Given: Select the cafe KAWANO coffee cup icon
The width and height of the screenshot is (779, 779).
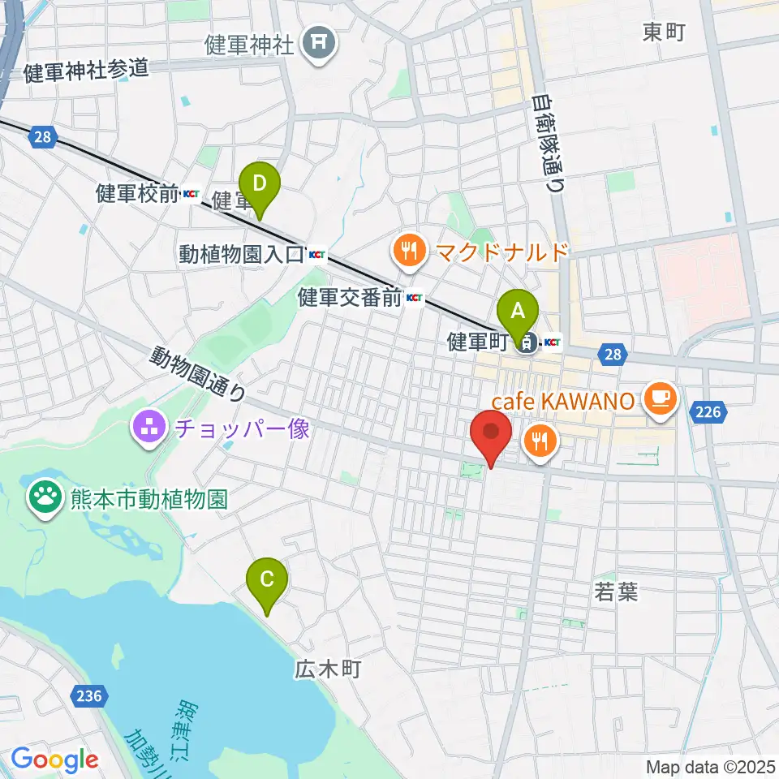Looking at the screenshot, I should [x=660, y=397].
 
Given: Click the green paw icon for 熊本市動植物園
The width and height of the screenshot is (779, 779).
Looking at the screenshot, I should [x=43, y=495].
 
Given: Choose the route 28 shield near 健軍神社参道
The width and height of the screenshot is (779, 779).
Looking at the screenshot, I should [x=44, y=138].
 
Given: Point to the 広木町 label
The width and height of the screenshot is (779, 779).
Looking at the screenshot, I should [x=327, y=669].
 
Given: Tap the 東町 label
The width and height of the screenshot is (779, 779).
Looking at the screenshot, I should [x=665, y=32].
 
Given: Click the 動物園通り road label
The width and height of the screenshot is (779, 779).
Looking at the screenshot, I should [x=197, y=374].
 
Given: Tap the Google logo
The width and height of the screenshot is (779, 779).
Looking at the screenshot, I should [x=54, y=760].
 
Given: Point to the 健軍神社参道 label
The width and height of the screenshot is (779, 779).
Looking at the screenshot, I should [x=86, y=71].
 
